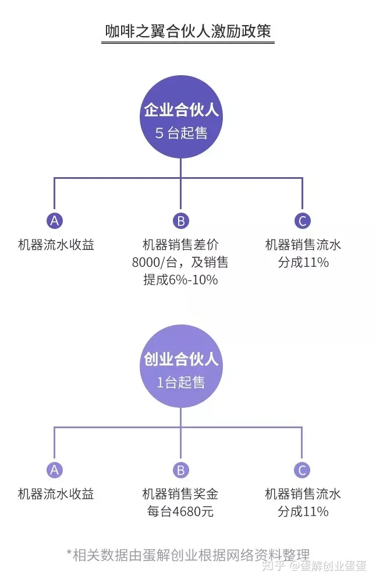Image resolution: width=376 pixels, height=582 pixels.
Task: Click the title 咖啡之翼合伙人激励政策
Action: (x=187, y=31)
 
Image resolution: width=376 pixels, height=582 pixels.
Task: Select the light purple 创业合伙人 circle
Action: (x=181, y=367)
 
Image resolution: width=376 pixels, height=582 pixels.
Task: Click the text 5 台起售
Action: (x=181, y=133)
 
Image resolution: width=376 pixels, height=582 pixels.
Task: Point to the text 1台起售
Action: (x=181, y=383)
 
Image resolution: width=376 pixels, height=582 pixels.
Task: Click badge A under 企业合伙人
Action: (x=55, y=221)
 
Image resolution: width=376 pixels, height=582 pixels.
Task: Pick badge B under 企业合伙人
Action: (x=181, y=221)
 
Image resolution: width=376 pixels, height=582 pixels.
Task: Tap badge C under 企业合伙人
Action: (x=302, y=221)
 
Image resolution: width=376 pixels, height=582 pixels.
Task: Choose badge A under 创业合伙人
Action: (x=55, y=470)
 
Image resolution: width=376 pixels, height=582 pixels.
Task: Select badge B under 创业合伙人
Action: (x=181, y=470)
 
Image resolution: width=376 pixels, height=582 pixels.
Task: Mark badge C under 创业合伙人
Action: (x=302, y=470)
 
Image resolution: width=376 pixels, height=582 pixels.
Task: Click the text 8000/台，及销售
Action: (x=180, y=262)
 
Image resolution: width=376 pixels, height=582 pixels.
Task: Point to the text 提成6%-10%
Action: (x=180, y=280)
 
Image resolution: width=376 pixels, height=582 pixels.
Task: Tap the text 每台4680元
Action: (x=180, y=512)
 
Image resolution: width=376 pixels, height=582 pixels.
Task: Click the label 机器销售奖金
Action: (x=180, y=495)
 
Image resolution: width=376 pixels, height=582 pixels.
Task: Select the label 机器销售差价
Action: (x=180, y=245)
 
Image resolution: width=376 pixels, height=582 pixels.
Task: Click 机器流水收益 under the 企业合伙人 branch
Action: (x=56, y=245)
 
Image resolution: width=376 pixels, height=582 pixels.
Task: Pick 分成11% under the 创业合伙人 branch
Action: (x=303, y=512)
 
